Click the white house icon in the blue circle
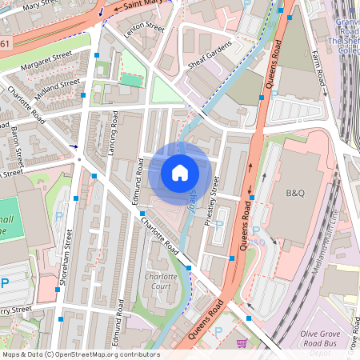point(180,173)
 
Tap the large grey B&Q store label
point(296,193)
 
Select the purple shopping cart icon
point(242,343)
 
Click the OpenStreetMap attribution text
point(80,354)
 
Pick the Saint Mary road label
point(144,8)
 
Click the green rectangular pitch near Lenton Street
point(130,80)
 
